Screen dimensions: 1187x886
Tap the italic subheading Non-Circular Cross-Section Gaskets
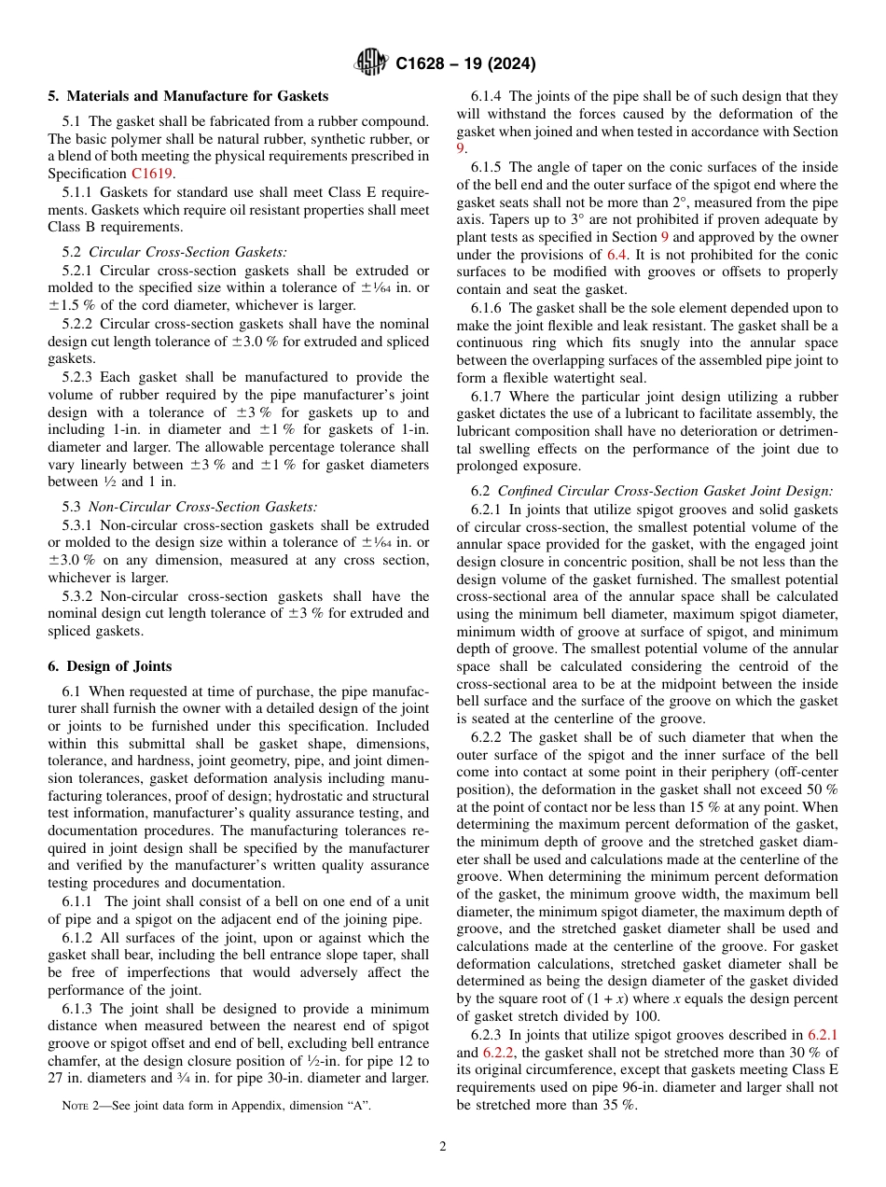pos(202,507)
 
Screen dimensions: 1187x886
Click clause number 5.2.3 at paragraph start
pos(80,377)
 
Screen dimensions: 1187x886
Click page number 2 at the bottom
pos(443,1147)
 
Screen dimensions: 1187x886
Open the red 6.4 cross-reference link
pos(617,255)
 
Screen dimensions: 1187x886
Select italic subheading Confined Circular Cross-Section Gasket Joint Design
pos(666,491)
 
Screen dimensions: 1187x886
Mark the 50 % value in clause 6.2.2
pos(822,789)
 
